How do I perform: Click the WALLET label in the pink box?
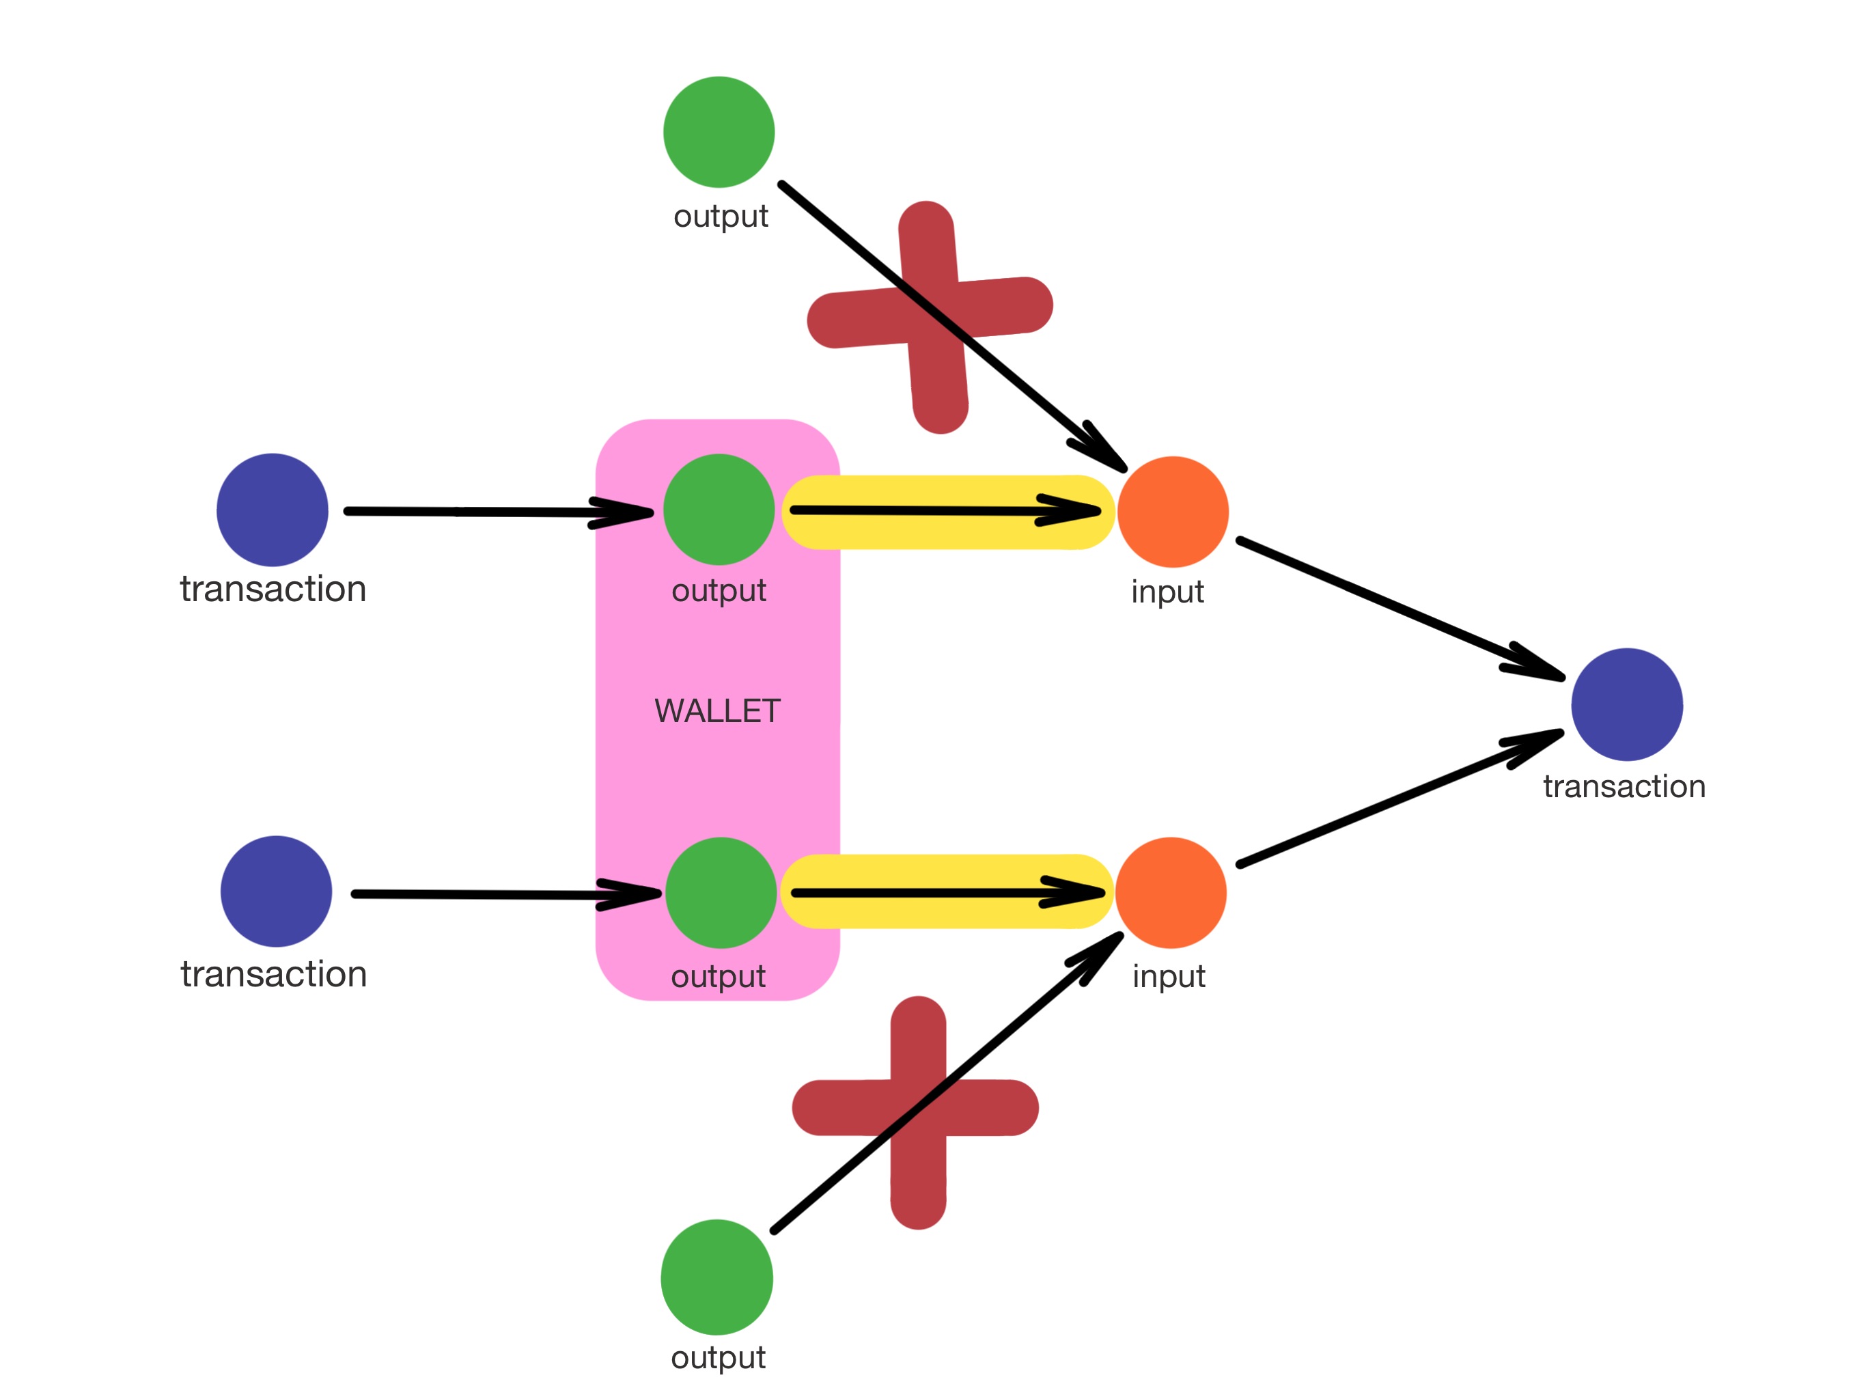click(717, 711)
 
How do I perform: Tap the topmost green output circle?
click(719, 132)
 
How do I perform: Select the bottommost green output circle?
click(716, 1277)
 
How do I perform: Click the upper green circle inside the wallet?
click(719, 510)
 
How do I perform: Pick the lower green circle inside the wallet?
click(721, 893)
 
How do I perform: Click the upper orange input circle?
click(1173, 512)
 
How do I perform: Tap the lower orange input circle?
click(1171, 893)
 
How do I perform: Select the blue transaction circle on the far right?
click(1626, 704)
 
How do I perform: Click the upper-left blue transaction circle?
click(273, 510)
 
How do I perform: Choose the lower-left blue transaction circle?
click(276, 891)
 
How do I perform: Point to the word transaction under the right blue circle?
click(1624, 786)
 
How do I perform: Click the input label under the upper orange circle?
click(1167, 592)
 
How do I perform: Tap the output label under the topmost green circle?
click(721, 216)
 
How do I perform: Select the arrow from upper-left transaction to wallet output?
click(498, 512)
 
